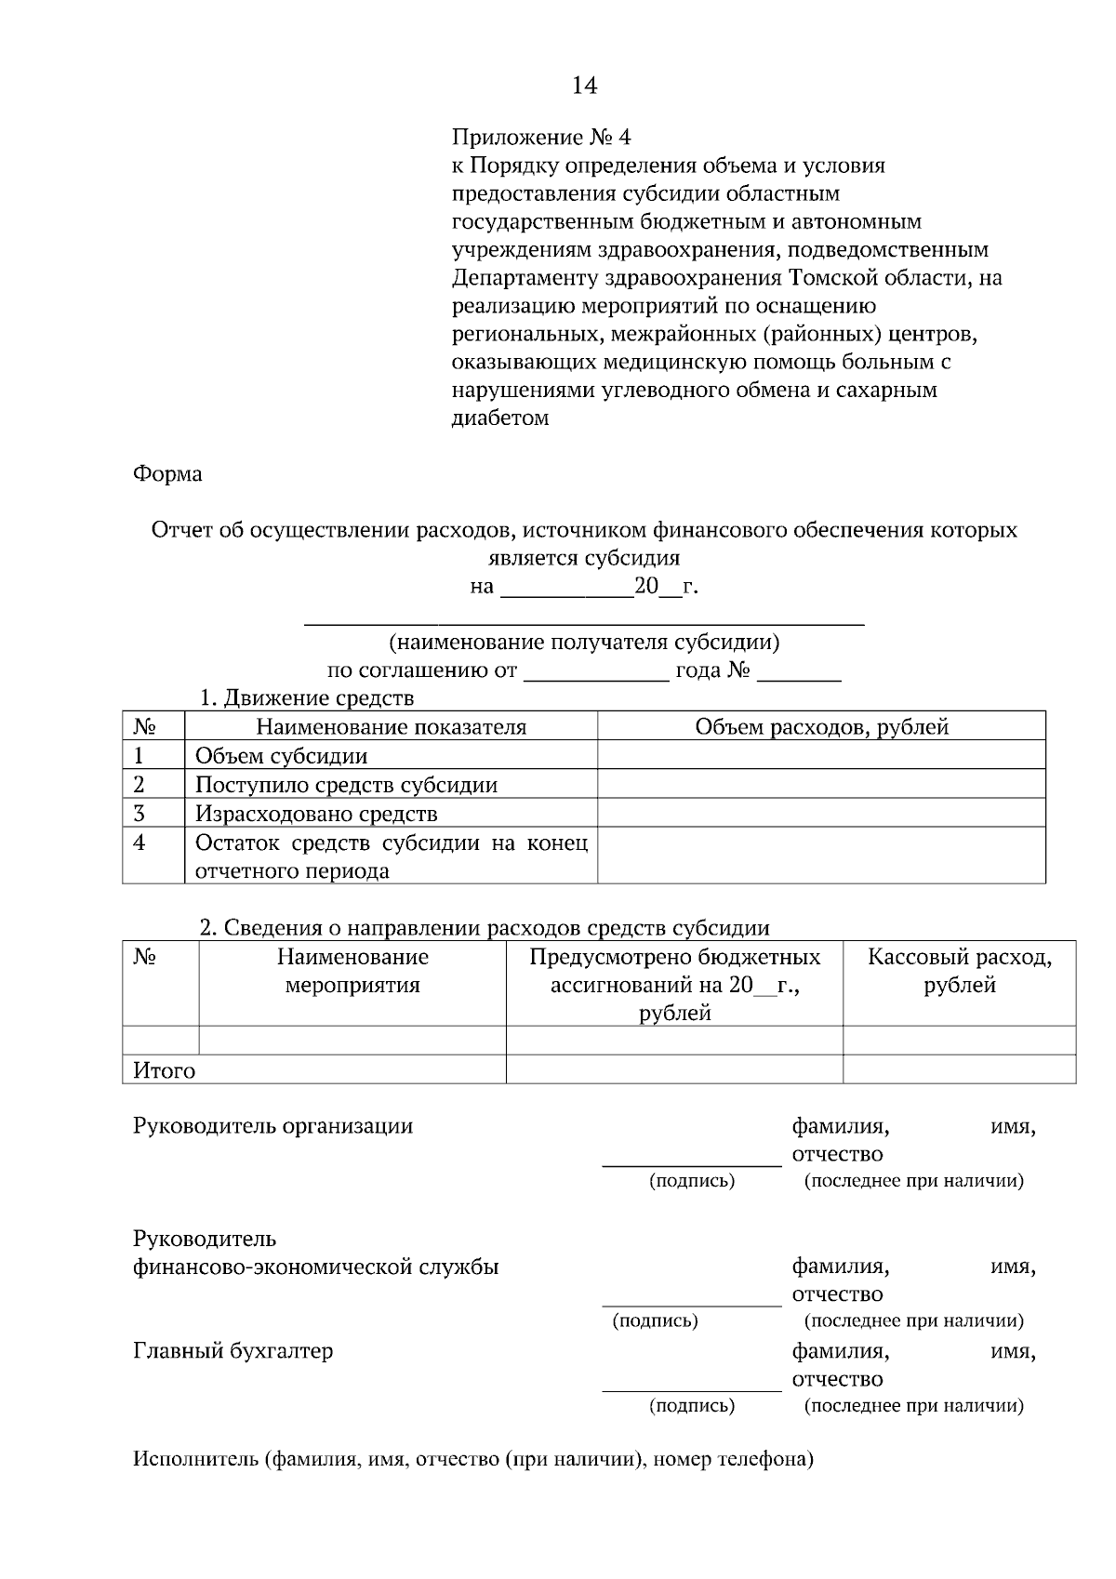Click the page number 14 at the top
pos(584,86)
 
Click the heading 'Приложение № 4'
pos(540,138)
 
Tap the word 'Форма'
pos(167,474)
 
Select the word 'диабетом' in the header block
pos(499,418)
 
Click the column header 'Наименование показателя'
pos(391,727)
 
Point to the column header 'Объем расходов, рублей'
pos(821,727)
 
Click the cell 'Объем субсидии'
pos(281,756)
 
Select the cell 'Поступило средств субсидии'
pos(346,785)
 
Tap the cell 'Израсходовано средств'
pos(315,814)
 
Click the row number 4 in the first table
pos(139,843)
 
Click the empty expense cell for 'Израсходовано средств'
pos(821,814)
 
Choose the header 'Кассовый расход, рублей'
pos(959,971)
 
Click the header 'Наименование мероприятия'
pos(352,971)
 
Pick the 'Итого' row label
pos(165,1070)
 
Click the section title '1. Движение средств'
pos(307,697)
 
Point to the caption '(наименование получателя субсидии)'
pos(584,643)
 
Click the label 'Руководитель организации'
pos(272,1126)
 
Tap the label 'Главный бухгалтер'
pos(232,1350)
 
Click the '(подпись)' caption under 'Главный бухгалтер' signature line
pos(691,1405)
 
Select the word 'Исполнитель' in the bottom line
pos(194,1458)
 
